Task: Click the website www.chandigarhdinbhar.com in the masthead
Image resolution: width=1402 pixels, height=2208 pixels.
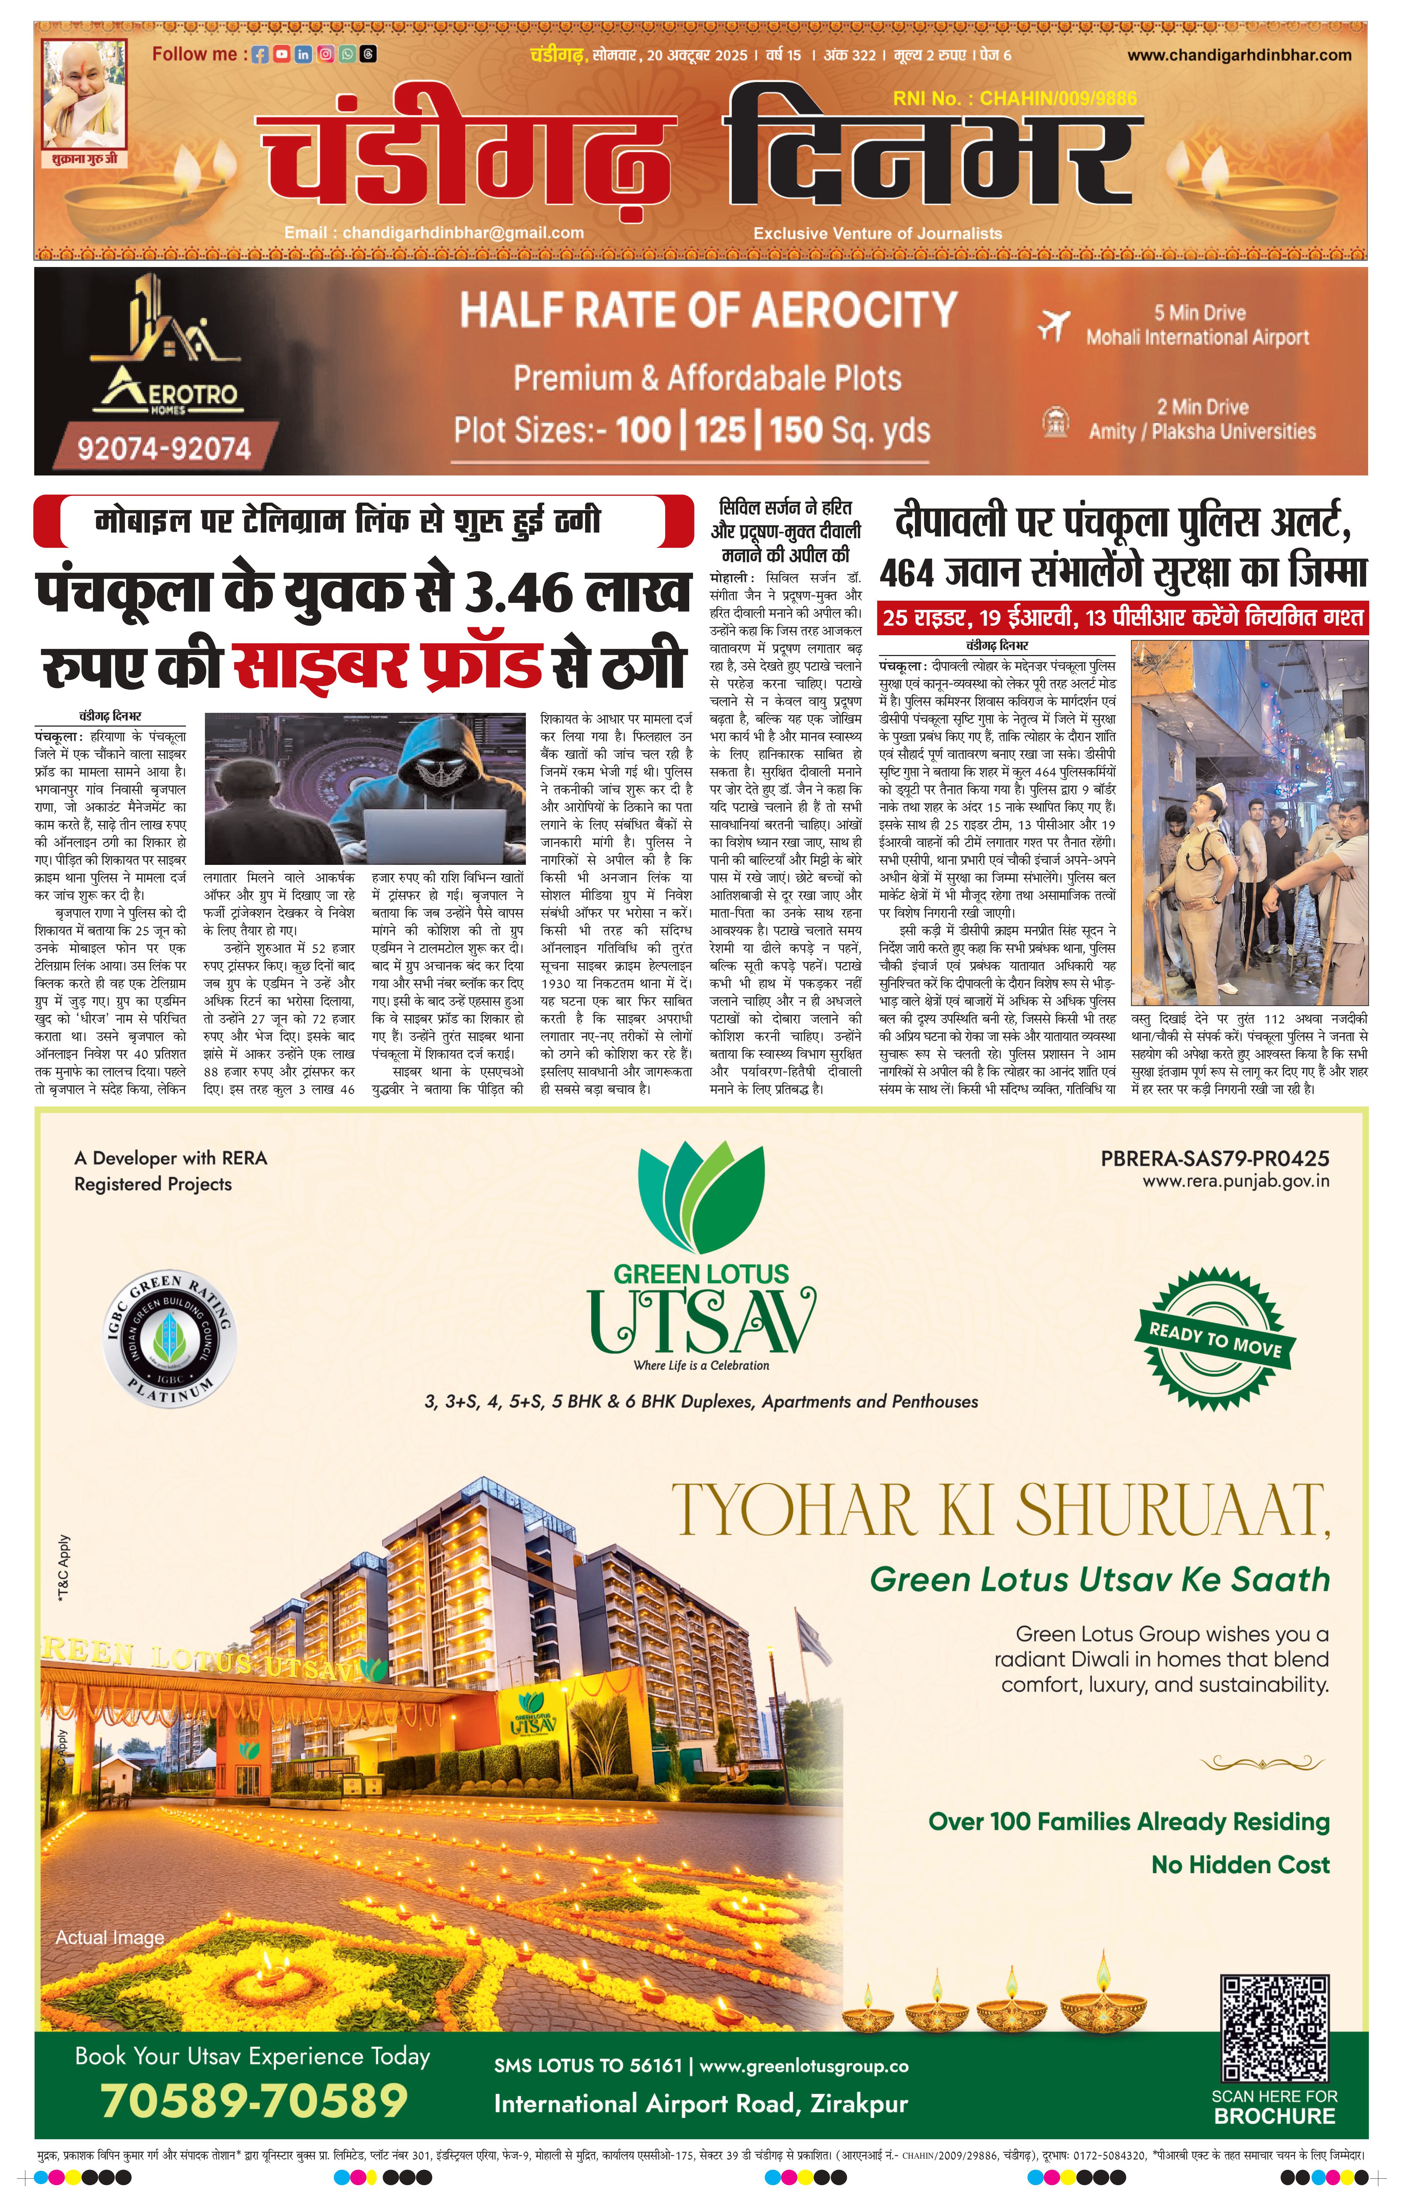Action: click(x=1239, y=55)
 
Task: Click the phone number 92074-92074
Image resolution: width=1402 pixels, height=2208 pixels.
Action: click(x=163, y=448)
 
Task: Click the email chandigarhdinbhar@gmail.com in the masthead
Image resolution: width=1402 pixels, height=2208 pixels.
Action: click(x=434, y=233)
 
